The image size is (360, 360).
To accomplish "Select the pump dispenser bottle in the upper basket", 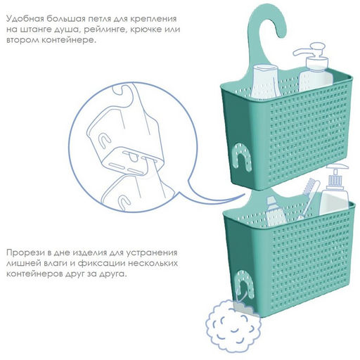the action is tap(314, 68).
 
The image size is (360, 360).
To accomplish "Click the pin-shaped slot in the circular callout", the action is tap(133, 157).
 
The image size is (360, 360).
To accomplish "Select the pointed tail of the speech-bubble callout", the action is tap(244, 194).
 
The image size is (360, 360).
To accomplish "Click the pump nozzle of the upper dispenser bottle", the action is tap(304, 50).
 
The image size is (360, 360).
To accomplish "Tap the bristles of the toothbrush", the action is tap(309, 187).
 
